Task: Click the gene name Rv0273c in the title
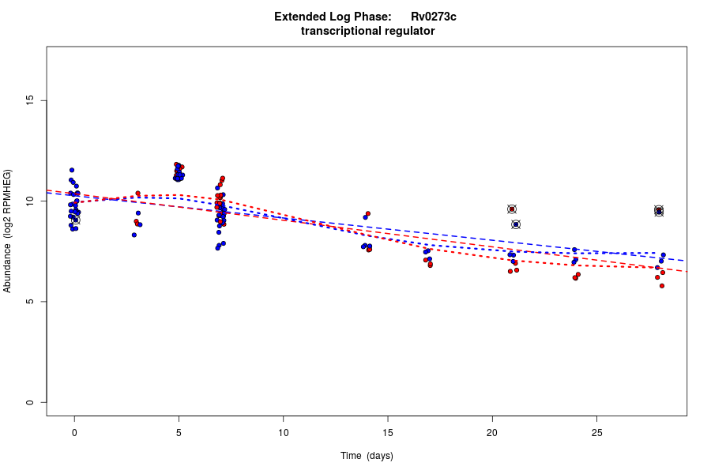(433, 17)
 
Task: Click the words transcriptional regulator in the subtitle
(367, 31)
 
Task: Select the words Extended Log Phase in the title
(333, 17)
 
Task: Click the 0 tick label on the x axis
(74, 432)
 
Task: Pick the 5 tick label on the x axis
(179, 432)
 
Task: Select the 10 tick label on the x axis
(283, 432)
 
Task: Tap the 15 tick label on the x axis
(388, 432)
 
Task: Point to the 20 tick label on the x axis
(492, 432)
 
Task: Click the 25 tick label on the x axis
(596, 432)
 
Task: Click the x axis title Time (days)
(367, 456)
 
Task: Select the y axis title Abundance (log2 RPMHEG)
(8, 231)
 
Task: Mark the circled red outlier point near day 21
(512, 209)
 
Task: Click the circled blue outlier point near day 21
(516, 224)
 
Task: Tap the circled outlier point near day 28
(659, 211)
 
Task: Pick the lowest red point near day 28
(662, 285)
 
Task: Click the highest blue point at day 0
(72, 170)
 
